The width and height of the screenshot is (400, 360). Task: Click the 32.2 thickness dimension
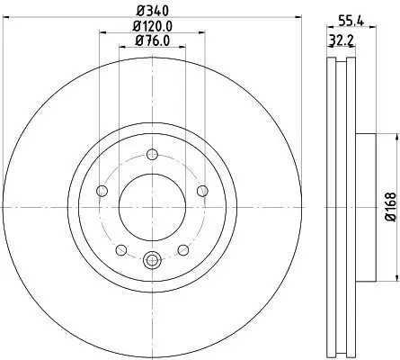339,42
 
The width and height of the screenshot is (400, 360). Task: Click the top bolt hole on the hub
152,153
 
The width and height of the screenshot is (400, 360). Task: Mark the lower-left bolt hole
120,249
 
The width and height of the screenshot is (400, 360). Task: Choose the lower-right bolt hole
183,249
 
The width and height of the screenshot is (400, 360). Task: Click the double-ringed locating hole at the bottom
152,261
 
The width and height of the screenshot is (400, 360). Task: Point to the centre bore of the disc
152,206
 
